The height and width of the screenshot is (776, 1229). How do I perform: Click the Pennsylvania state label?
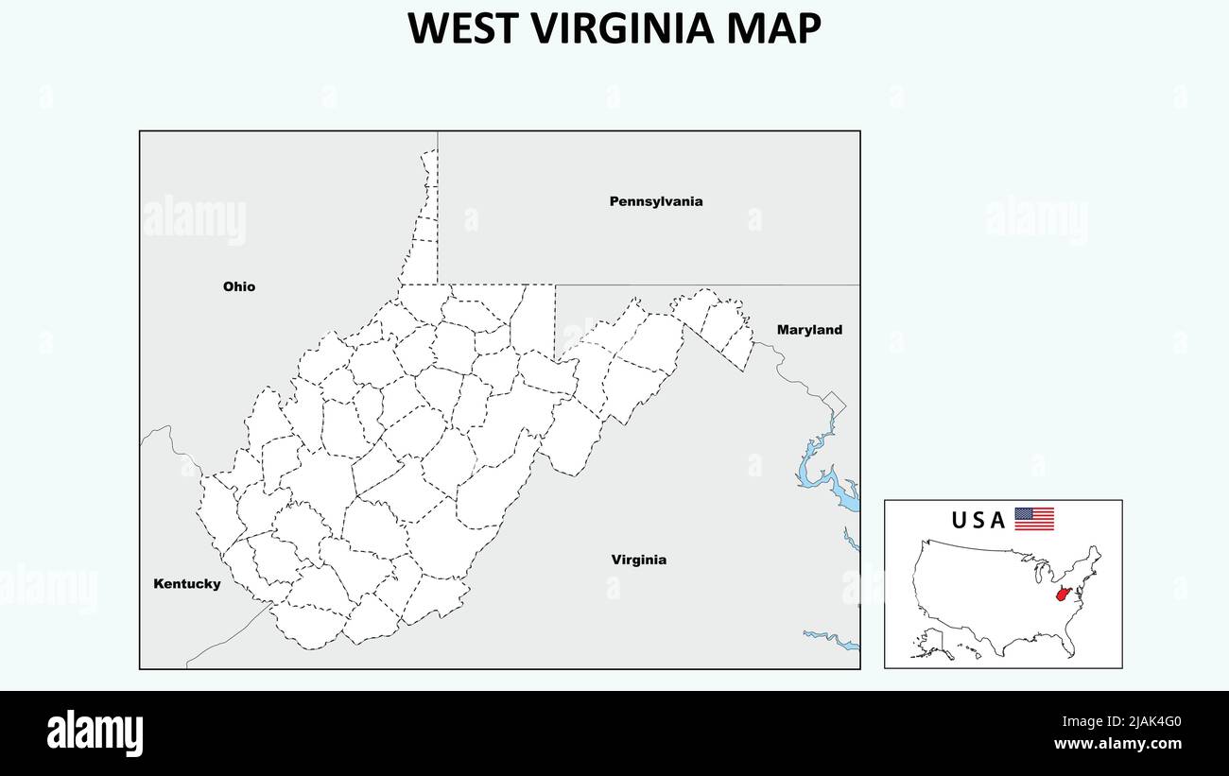[x=655, y=201]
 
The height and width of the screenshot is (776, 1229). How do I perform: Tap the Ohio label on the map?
[x=239, y=286]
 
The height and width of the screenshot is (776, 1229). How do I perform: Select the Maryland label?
[x=809, y=330]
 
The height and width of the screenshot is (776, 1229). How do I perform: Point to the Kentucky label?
[x=187, y=584]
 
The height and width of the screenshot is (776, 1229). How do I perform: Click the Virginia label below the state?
[x=638, y=560]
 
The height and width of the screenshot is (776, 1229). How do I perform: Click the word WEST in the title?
[x=464, y=29]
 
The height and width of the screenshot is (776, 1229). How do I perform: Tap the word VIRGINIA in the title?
[x=623, y=29]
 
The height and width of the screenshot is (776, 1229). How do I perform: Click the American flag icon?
[x=1034, y=519]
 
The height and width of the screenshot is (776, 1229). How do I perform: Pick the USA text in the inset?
[x=978, y=520]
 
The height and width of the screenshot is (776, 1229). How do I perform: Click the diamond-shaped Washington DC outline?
[x=833, y=403]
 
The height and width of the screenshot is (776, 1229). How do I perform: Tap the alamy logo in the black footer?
[x=95, y=733]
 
